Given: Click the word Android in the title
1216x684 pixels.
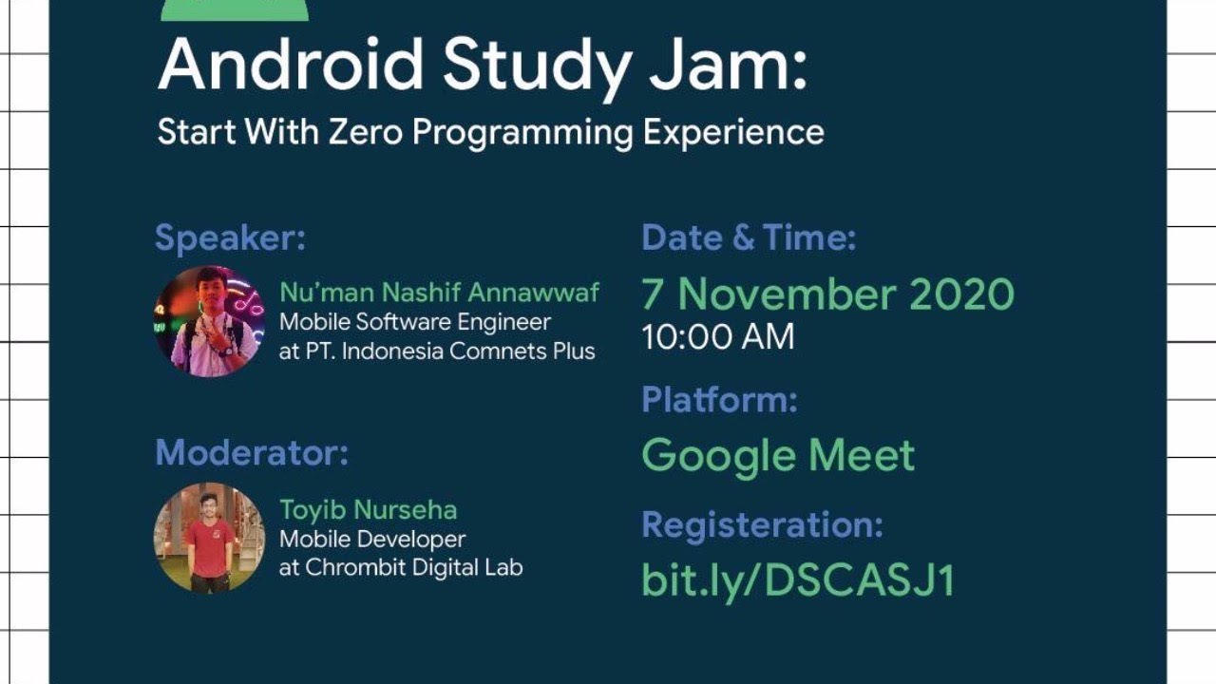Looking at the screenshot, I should click(x=291, y=66).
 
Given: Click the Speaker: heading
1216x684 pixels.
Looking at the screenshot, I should click(x=230, y=237).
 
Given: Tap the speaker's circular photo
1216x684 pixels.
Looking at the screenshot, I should click(x=210, y=321).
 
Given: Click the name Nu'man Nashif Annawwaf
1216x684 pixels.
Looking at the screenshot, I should click(x=439, y=293).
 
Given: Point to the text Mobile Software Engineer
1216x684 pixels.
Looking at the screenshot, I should click(x=415, y=322).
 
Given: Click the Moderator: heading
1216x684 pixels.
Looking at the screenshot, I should click(x=252, y=452).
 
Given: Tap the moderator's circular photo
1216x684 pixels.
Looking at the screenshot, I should click(x=209, y=538).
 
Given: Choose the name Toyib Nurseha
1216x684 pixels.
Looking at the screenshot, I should click(x=369, y=510).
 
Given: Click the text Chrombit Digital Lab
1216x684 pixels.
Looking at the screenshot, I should click(x=412, y=568).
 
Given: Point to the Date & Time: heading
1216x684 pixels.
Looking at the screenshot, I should click(x=749, y=237).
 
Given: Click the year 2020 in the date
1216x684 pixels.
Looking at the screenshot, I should click(x=961, y=294).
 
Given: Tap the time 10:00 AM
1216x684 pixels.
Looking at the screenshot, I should click(x=718, y=337).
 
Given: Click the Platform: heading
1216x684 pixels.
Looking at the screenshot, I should click(x=719, y=399).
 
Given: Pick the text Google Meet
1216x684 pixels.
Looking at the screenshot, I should click(x=778, y=456).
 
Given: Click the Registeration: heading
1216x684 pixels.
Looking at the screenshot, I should click(x=762, y=523).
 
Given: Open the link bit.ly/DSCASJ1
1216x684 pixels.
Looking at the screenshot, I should click(x=798, y=580).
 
